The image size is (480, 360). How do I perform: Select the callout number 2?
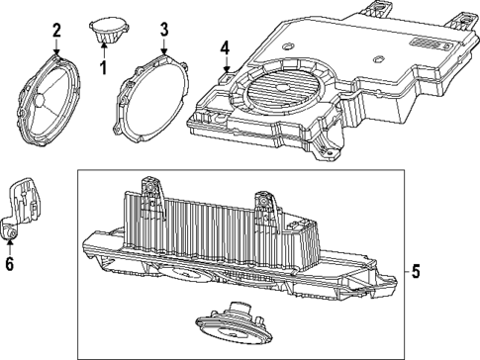(x=56, y=30)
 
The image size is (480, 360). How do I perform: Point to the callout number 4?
(x=225, y=46)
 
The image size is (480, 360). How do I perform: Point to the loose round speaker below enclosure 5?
(x=232, y=323)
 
